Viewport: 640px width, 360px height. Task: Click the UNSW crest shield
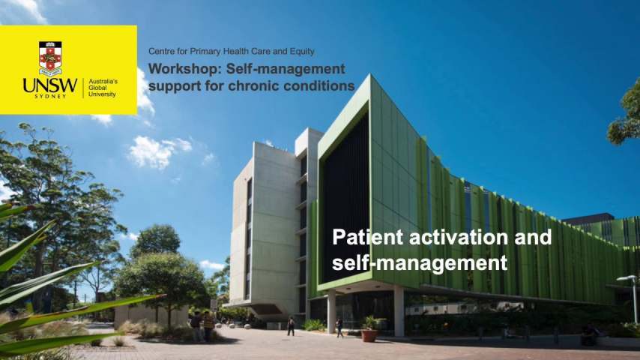point(50,58)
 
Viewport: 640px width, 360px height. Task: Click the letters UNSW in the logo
point(50,85)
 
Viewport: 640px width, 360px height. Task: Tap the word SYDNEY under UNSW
point(50,97)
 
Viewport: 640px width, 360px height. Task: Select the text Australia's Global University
point(103,88)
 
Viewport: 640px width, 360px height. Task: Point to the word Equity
point(302,52)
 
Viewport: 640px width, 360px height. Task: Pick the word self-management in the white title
point(420,262)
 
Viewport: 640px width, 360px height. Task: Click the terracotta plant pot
point(369,335)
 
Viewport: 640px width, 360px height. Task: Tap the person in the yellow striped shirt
point(208,325)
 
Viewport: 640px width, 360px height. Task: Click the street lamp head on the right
point(627,278)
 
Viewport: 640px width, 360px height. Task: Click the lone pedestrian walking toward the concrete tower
point(291,325)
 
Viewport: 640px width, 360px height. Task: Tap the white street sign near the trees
point(214,304)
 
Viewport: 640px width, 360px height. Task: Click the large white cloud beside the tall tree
point(156,151)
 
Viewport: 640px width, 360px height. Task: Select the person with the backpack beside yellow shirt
point(198,326)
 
